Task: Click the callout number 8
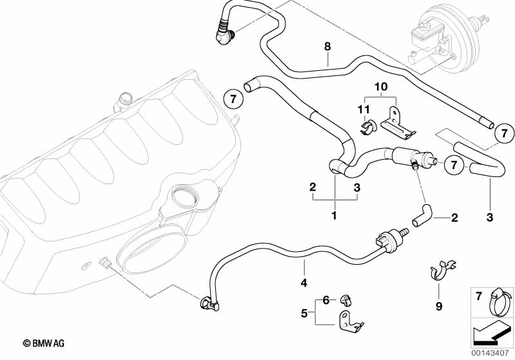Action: coord(327,46)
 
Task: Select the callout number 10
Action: coord(380,86)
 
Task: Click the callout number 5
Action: coord(304,314)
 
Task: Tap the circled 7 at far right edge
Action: coord(504,134)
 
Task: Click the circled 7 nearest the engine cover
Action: coord(233,100)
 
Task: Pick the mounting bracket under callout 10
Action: coord(396,124)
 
